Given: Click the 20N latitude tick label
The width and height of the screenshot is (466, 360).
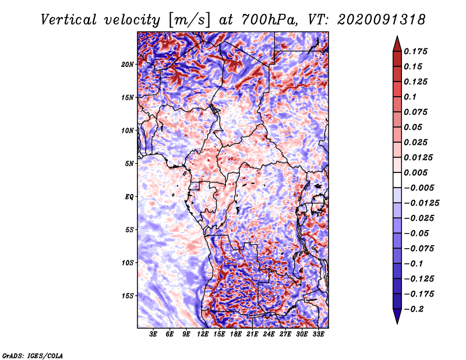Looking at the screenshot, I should pyautogui.click(x=128, y=64).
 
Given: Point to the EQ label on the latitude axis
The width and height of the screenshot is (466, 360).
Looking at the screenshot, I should pyautogui.click(x=129, y=196).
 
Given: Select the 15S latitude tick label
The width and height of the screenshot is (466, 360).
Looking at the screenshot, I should pyautogui.click(x=128, y=295).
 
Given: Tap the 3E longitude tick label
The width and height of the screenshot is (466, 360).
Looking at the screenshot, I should pyautogui.click(x=154, y=335).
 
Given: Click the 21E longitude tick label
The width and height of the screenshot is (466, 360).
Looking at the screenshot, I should pyautogui.click(x=252, y=335).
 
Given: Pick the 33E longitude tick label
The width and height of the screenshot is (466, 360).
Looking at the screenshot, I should pyautogui.click(x=318, y=335).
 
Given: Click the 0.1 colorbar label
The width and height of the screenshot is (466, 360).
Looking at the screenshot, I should pyautogui.click(x=411, y=97).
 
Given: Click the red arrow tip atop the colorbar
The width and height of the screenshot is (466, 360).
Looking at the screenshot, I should pyautogui.click(x=397, y=41).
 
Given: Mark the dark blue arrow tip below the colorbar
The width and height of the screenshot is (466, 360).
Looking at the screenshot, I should pyautogui.click(x=397, y=319).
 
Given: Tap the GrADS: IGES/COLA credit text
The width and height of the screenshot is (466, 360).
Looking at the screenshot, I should pyautogui.click(x=32, y=355).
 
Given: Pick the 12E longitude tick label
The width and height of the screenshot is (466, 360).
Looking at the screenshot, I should pyautogui.click(x=203, y=335).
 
